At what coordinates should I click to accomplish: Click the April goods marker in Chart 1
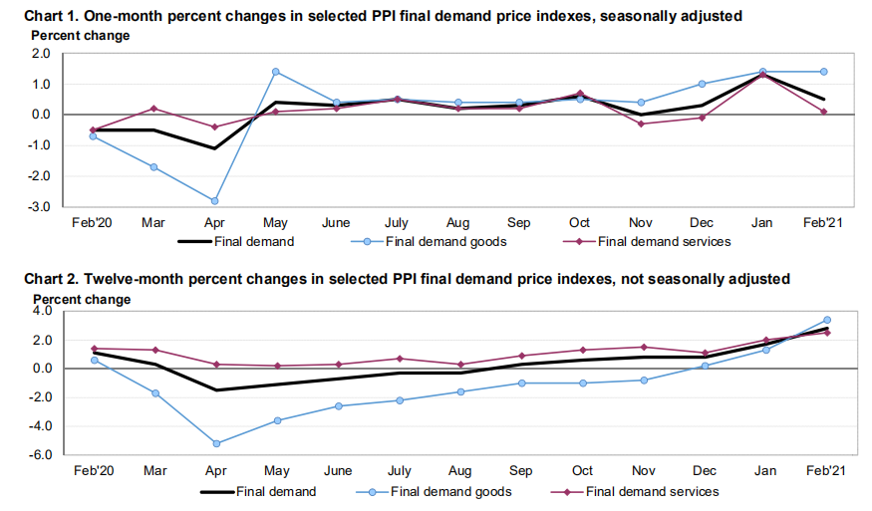tap(215, 201)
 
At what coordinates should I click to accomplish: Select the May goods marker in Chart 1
tap(276, 72)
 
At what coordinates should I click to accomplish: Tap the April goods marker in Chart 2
tap(215, 443)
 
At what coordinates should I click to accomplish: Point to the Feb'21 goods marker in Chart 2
tap(827, 320)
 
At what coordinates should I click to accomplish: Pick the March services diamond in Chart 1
tap(153, 109)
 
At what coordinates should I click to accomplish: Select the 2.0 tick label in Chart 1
tap(42, 55)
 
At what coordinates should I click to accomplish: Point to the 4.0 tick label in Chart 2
tap(42, 312)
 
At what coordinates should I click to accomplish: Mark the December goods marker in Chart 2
tap(705, 366)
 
